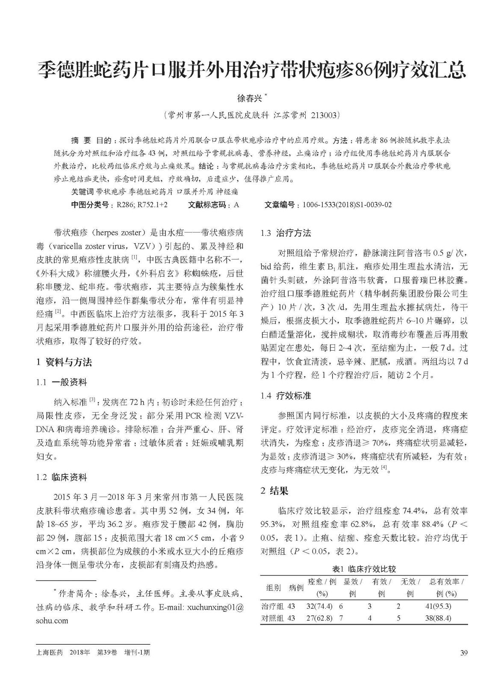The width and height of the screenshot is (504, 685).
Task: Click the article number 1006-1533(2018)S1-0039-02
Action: pyautogui.click(x=347, y=205)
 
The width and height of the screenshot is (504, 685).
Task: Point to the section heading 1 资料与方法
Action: pyautogui.click(x=64, y=362)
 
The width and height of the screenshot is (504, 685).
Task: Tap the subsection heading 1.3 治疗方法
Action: pyautogui.click(x=286, y=233)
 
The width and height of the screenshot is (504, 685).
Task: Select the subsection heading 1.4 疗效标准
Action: pyautogui.click(x=286, y=396)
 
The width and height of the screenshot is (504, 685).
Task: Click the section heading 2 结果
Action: pyautogui.click(x=274, y=491)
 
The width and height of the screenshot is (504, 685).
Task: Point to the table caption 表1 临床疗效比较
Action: pyautogui.click(x=364, y=569)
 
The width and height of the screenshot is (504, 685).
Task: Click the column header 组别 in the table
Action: pyautogui.click(x=274, y=587)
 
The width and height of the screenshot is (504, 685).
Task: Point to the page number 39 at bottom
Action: pyautogui.click(x=464, y=653)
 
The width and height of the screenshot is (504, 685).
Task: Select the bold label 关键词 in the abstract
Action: pyautogui.click(x=83, y=192)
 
